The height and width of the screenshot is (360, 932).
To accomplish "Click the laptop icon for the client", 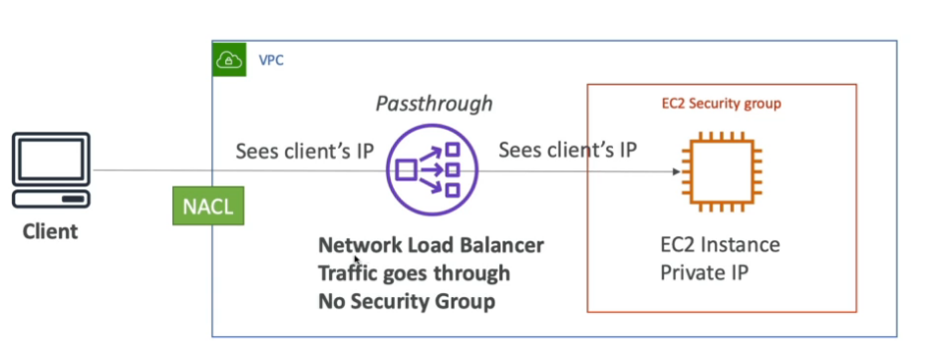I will (x=50, y=173).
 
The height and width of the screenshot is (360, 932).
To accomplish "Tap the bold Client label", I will (x=50, y=231).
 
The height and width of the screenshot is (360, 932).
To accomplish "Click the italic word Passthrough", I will (x=434, y=104).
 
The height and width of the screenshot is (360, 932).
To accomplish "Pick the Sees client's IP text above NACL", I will (x=303, y=152).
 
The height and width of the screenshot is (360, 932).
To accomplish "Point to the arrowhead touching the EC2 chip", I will (x=677, y=172).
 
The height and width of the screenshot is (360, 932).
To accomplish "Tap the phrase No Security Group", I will (x=406, y=300).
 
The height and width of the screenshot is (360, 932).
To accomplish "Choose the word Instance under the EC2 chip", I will (x=741, y=245).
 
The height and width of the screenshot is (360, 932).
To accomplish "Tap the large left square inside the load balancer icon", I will (x=406, y=171).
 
